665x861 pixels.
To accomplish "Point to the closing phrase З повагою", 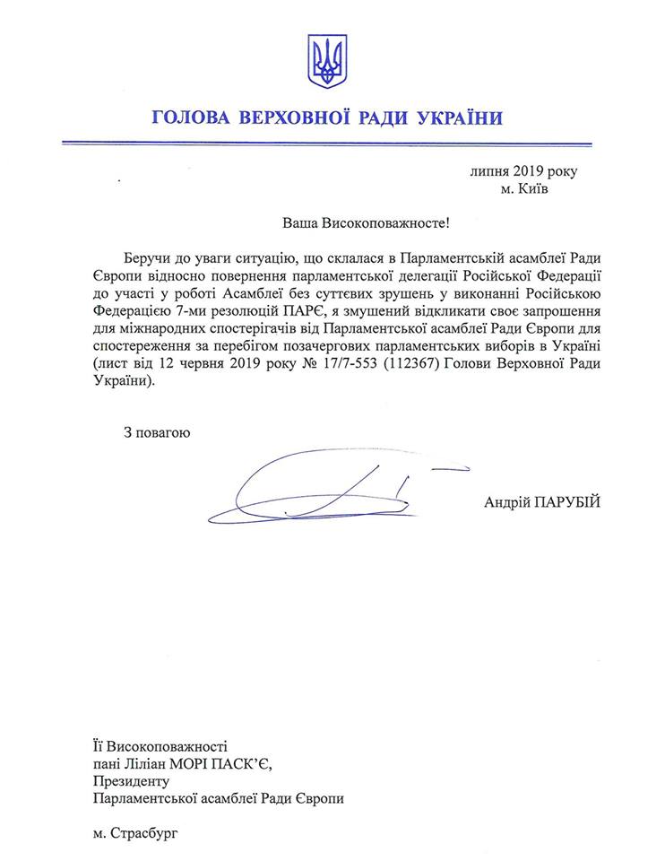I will click(x=157, y=432).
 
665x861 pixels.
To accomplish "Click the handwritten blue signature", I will click(x=323, y=489).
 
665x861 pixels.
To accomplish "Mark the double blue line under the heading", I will click(x=332, y=141).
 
